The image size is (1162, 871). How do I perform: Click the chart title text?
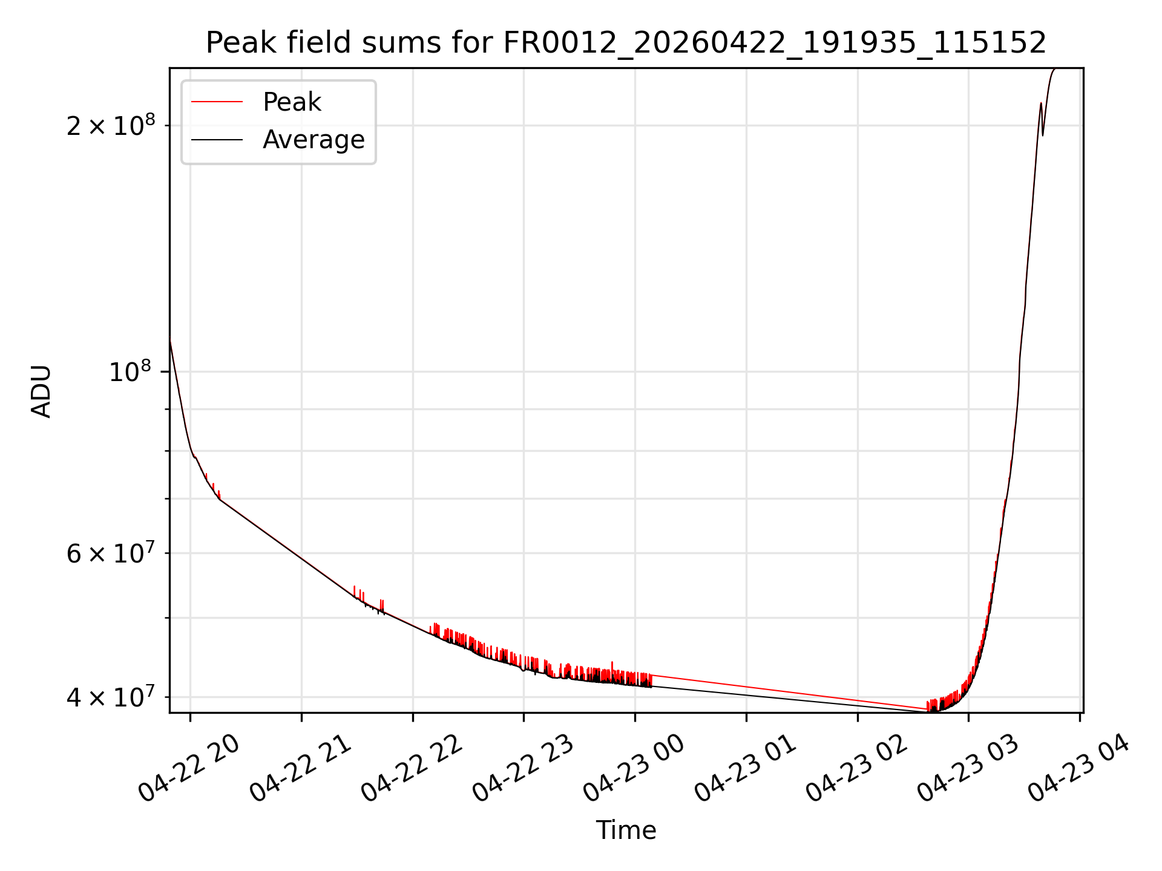626,43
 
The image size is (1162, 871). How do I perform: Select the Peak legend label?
292,102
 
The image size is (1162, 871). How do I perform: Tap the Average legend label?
313,140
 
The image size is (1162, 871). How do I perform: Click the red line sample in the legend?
217,102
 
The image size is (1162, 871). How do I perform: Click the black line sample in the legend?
217,140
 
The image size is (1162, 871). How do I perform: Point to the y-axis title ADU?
41,391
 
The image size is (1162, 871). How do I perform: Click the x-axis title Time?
626,830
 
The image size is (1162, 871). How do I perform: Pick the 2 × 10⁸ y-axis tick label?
111,125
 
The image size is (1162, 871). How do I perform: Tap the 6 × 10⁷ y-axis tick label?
111,552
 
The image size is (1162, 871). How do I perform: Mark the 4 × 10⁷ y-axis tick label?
111,696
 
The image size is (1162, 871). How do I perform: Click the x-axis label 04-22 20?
189,768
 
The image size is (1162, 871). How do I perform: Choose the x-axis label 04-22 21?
300,768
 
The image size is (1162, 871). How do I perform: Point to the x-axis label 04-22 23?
522,768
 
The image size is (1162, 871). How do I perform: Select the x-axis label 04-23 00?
634,768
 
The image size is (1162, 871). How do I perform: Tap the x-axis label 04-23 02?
856,768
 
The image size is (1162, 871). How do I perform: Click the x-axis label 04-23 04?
1078,768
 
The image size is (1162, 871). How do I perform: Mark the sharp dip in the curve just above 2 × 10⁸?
1042,135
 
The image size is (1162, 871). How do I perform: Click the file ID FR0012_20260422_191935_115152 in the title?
775,43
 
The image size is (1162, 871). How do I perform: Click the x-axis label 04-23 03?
967,768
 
